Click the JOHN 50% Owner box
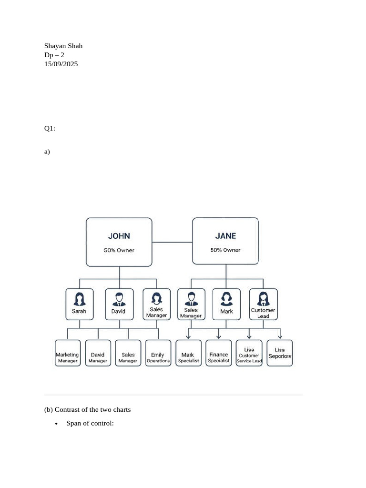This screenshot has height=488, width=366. click(x=119, y=242)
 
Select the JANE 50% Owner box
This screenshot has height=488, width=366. click(x=225, y=241)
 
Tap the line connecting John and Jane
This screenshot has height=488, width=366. click(x=172, y=242)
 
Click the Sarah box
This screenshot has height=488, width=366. click(x=80, y=304)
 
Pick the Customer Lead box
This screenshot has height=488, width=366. click(x=263, y=304)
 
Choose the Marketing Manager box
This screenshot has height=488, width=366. click(x=68, y=353)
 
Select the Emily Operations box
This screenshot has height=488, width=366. click(x=158, y=353)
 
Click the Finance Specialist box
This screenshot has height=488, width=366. click(x=218, y=353)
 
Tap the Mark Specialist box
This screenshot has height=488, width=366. click(x=188, y=353)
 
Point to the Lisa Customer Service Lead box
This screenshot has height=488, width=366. click(x=249, y=353)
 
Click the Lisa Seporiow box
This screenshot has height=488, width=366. click(x=280, y=353)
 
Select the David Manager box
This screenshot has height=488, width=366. click(x=98, y=353)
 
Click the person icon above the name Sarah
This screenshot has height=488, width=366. click(x=80, y=299)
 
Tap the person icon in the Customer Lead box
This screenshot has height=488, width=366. click(x=263, y=299)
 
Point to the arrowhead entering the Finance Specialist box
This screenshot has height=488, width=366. click(x=219, y=337)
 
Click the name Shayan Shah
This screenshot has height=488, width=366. click(x=63, y=46)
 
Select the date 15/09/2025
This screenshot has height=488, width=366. click(x=61, y=64)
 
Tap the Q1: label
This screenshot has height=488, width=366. click(x=50, y=128)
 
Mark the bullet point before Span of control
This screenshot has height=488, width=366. click(x=56, y=424)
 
